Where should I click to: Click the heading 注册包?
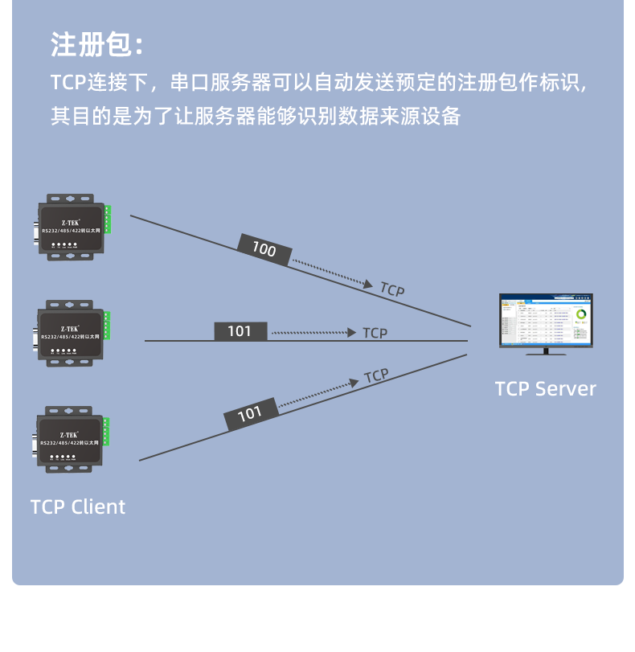[97, 45]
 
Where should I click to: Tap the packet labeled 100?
[264, 249]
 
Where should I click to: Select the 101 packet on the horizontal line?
[240, 330]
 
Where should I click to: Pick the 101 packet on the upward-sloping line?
[250, 413]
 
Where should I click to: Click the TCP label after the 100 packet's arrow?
[392, 290]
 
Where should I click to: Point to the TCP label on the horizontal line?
[375, 333]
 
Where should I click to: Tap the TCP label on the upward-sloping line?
[376, 375]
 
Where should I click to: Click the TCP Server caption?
[546, 389]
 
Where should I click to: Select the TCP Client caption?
[78, 506]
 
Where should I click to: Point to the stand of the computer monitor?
[546, 351]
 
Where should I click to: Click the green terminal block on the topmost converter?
[108, 220]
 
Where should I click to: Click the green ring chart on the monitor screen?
[581, 313]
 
